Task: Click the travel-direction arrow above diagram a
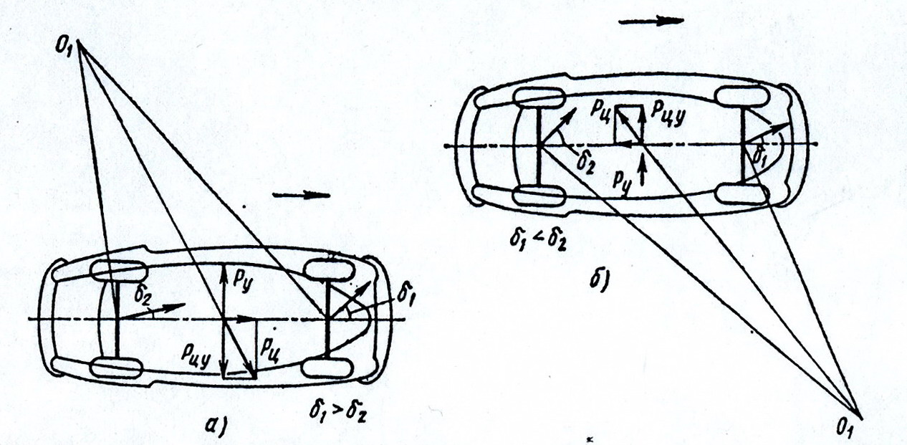coord(302,194)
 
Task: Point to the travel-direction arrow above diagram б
coord(651,21)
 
